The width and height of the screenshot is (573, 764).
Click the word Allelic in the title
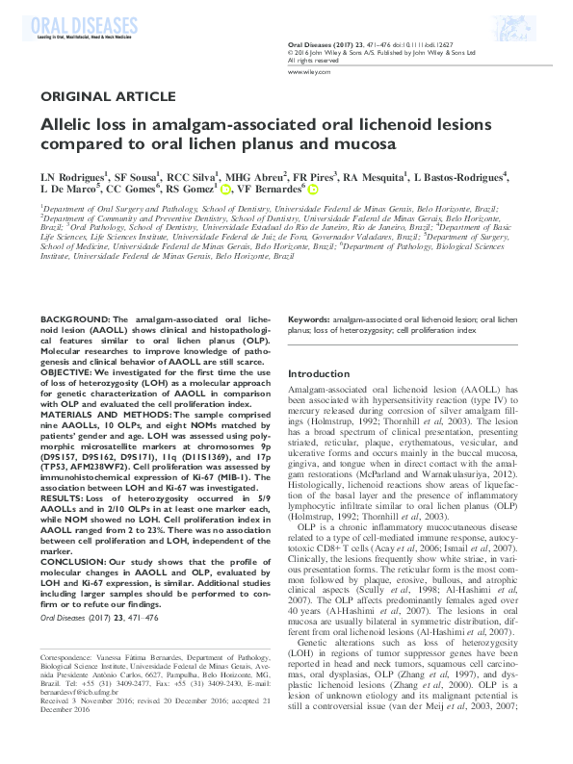click(67, 124)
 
